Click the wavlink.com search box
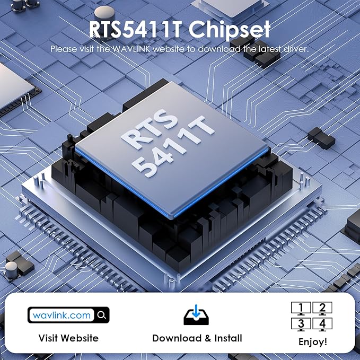coord(62,315)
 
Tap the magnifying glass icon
coord(102,315)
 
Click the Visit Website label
coord(68,338)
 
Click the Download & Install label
coord(197,338)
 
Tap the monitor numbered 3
coord(301,323)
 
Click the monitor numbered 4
coord(322,323)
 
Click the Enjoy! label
coord(312,341)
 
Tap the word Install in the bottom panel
coord(226,338)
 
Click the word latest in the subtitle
coord(269,49)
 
